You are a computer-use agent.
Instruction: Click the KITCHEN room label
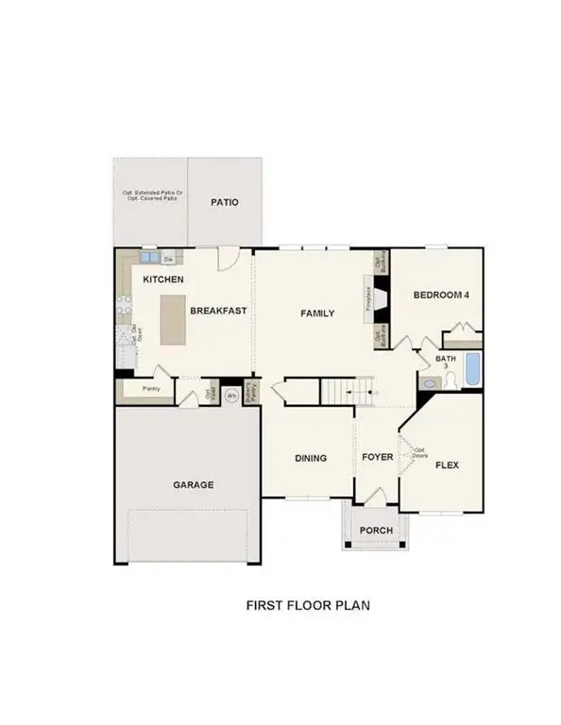click(163, 279)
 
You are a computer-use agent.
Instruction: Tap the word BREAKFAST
click(218, 311)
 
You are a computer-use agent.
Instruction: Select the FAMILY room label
click(317, 313)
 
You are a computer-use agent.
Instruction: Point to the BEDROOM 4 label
click(441, 295)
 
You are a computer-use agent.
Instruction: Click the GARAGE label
click(193, 484)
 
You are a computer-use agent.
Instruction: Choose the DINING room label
click(311, 458)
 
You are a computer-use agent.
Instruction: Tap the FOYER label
click(377, 458)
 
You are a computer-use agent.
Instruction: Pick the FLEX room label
click(446, 464)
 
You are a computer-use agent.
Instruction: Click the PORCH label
click(375, 531)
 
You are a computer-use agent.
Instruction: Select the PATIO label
click(224, 202)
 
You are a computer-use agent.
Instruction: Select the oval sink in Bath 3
click(431, 383)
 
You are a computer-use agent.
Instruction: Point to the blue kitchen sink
click(148, 257)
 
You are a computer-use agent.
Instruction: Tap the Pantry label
click(151, 388)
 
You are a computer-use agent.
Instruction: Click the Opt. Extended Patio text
click(151, 194)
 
